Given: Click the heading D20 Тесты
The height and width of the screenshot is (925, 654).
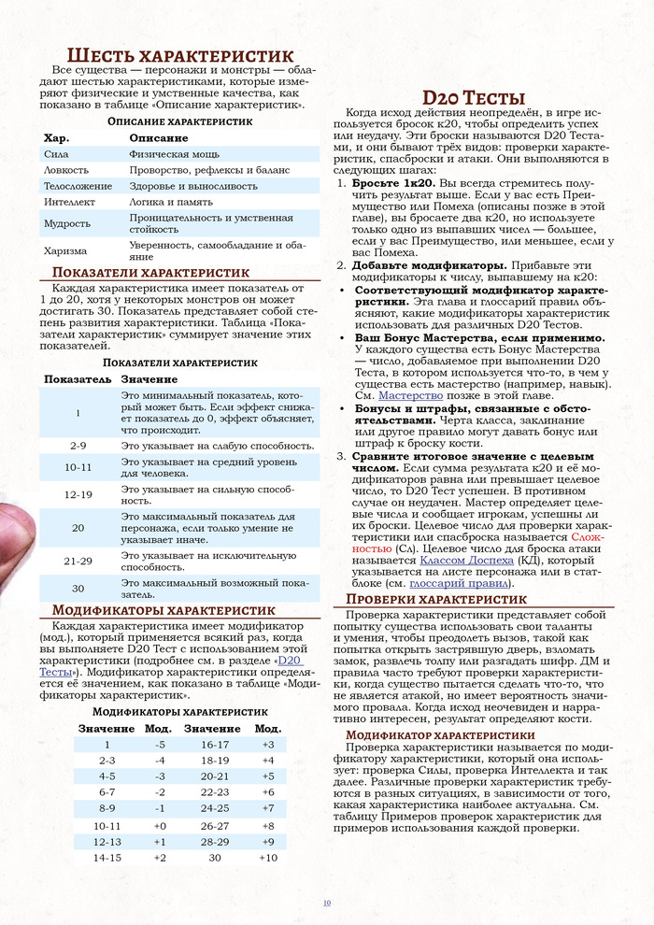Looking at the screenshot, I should tap(474, 97).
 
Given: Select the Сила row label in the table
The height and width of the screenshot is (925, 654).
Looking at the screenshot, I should tap(56, 153).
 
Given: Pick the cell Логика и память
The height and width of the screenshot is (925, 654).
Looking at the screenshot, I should tap(171, 201).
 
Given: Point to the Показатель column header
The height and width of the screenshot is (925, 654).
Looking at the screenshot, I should tap(78, 379).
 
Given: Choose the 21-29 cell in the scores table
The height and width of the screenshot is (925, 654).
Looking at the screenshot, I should tap(78, 561).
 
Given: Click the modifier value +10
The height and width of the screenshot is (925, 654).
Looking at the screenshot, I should tap(268, 858).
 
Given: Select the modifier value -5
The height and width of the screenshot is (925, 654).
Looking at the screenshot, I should tap(160, 744).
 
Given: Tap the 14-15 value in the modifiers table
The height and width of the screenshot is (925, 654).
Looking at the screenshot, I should tap(107, 858).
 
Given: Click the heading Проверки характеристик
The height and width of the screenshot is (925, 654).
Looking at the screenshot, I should tap(436, 599).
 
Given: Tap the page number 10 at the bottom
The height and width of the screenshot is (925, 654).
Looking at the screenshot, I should tap(326, 903).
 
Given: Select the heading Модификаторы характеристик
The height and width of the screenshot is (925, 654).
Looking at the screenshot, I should tap(149, 611).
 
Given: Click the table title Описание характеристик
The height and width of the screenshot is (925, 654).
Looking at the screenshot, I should tap(180, 122).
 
